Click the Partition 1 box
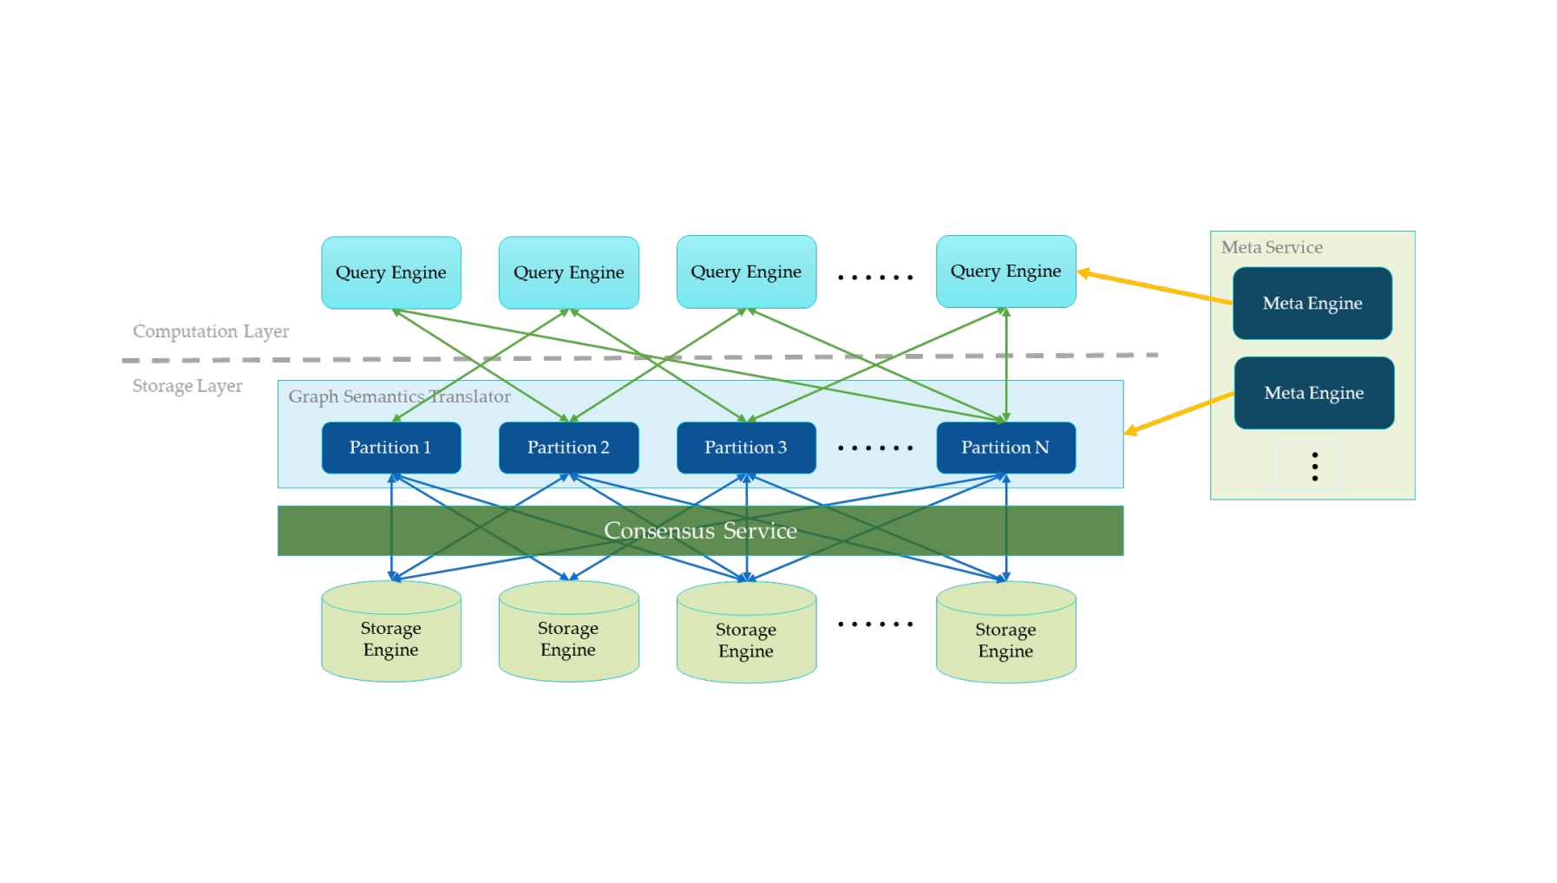(x=391, y=448)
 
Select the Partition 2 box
(x=569, y=448)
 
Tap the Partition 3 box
(x=746, y=448)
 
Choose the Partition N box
(x=1006, y=448)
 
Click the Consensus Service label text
(x=700, y=531)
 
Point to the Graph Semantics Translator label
(x=399, y=396)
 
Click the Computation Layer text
(x=211, y=331)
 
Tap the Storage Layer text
(x=187, y=386)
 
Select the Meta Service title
(x=1272, y=247)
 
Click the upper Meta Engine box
(x=1312, y=304)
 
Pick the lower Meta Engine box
(x=1314, y=393)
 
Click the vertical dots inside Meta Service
(x=1315, y=467)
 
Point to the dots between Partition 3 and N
(x=875, y=448)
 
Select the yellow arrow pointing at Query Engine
(x=1154, y=287)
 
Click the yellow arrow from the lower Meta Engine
(x=1178, y=414)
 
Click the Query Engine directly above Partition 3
(x=746, y=271)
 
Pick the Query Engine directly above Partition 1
(x=391, y=272)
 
